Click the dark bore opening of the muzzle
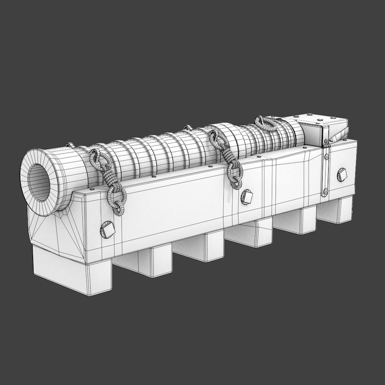(38, 181)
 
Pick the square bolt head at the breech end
(342, 174)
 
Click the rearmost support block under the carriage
(337, 210)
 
